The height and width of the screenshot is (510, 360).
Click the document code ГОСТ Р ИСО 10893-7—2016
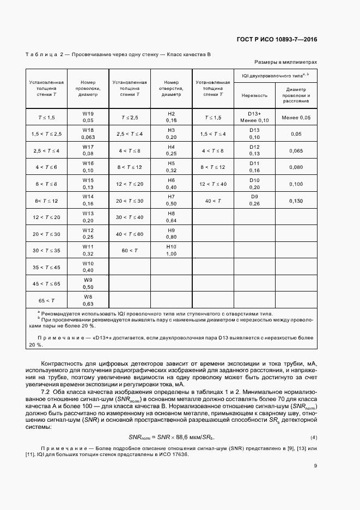[x=277, y=39]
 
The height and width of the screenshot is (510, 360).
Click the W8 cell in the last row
[x=88, y=300]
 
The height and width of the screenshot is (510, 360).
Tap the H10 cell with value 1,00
[x=171, y=250]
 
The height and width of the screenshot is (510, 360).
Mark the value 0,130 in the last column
[x=296, y=201]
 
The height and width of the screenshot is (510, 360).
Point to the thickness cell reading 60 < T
[x=129, y=250]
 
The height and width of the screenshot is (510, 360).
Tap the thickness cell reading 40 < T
[x=213, y=201]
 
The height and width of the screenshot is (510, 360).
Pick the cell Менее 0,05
[x=296, y=117]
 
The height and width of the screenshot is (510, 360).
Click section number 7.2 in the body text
[x=47, y=392]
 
